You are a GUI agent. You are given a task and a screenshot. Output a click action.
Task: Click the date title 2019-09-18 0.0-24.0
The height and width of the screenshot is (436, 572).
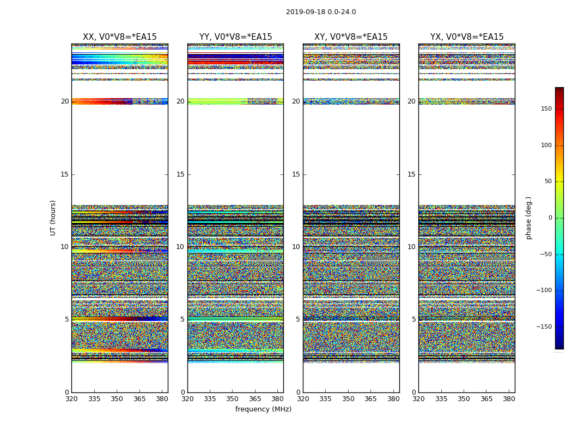(x=321, y=12)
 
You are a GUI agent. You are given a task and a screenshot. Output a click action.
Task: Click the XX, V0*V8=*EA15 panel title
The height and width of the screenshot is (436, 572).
(x=119, y=37)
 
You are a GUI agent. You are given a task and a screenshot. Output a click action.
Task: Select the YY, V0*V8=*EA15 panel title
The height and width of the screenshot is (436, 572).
(x=235, y=37)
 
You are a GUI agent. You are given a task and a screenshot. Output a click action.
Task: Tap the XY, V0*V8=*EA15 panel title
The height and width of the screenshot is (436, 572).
(x=351, y=37)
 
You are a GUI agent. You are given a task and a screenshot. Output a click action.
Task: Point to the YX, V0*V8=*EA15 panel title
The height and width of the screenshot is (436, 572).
(x=467, y=37)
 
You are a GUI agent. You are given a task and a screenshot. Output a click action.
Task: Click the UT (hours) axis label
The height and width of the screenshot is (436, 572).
(x=53, y=217)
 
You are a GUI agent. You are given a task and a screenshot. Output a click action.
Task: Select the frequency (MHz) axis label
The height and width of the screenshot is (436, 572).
(x=263, y=409)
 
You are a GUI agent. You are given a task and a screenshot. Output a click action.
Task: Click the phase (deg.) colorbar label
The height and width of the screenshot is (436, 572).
(x=528, y=217)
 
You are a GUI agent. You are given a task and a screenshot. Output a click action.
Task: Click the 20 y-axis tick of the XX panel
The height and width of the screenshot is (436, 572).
(x=65, y=101)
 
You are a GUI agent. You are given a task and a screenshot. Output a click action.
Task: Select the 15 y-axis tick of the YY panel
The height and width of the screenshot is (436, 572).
(x=180, y=174)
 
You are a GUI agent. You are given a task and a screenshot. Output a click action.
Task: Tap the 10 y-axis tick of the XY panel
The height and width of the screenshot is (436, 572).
(x=296, y=247)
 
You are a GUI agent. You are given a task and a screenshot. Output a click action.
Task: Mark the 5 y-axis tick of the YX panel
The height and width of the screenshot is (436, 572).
(x=413, y=319)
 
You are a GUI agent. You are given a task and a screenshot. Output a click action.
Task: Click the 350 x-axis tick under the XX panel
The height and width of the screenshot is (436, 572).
(x=117, y=399)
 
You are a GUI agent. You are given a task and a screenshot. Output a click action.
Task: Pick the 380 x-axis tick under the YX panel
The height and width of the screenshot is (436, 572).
(x=509, y=399)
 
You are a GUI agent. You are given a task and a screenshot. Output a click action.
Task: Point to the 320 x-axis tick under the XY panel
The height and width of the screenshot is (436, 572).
(x=303, y=399)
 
